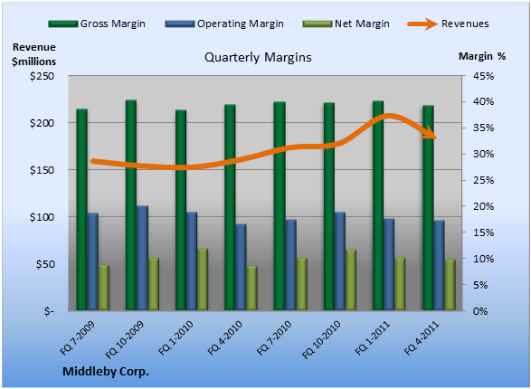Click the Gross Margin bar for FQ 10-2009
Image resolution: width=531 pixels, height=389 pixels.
131,205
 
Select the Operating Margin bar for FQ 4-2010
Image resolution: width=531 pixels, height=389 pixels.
241,267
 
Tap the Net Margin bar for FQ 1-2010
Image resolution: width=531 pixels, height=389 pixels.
203,280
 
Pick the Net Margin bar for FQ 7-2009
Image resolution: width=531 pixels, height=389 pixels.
104,288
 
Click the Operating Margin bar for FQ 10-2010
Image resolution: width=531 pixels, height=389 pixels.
340,261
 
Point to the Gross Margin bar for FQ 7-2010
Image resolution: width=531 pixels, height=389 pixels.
280,206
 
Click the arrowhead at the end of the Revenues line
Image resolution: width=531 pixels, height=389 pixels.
431,133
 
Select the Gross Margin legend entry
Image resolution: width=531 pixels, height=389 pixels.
97,24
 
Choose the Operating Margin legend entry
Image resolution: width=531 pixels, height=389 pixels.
224,24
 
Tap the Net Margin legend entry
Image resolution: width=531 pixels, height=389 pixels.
346,24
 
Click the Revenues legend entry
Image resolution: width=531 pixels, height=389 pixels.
448,24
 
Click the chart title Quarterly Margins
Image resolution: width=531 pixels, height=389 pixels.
258,58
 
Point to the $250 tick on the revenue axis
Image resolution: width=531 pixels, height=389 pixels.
42,76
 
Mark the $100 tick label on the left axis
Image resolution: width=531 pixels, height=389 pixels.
42,217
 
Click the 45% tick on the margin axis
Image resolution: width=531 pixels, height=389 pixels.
484,76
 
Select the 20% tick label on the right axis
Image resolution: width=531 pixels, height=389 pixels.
484,206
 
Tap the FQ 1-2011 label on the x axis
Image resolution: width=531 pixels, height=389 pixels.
373,338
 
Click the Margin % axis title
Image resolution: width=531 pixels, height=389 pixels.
482,56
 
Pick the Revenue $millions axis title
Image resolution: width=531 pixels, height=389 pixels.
33,54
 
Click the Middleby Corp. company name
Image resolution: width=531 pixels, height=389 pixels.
106,372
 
